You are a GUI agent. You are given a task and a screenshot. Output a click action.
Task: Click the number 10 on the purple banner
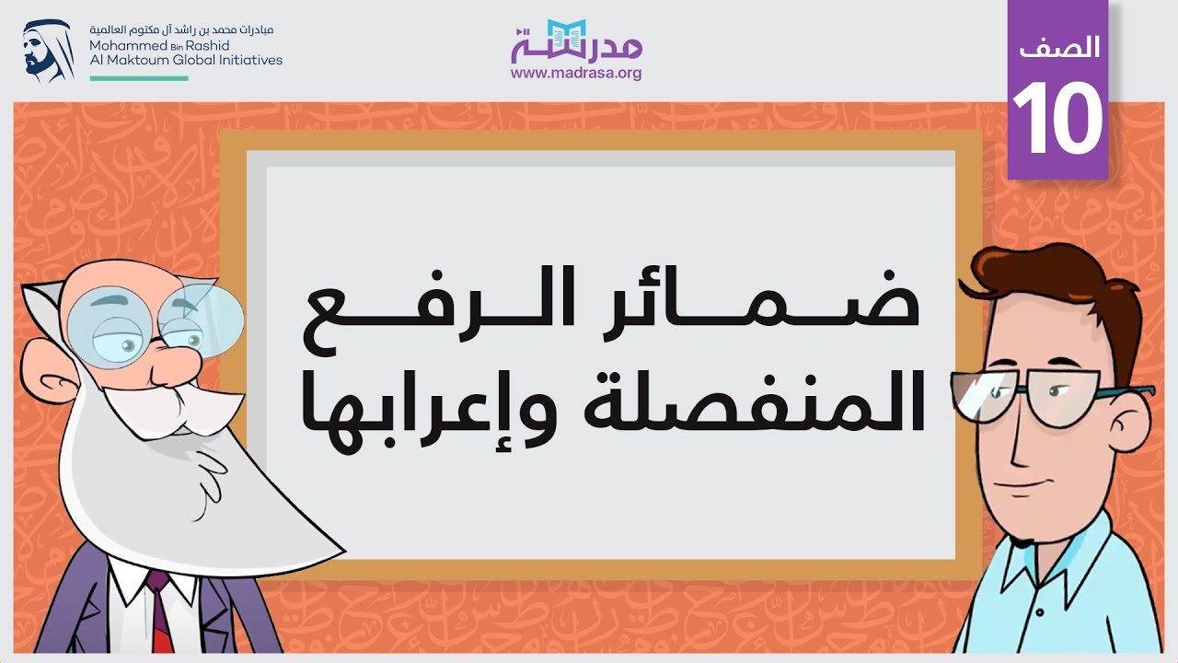1057,117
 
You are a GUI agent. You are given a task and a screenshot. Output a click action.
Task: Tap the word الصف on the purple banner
1059,47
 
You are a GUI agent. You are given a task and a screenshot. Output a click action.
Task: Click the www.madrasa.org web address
576,73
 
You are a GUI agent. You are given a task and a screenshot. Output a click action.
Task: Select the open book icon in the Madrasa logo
566,38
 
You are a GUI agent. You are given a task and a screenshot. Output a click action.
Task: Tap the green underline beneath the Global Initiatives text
139,78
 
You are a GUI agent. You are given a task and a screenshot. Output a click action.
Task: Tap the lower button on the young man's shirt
1040,612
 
